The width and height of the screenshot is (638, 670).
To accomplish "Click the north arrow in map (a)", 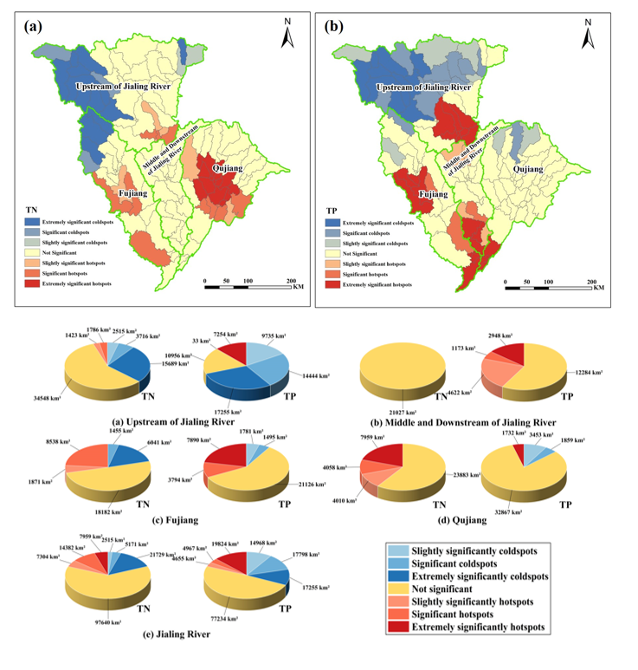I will click(288, 34).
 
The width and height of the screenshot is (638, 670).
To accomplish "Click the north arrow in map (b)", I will click(588, 34).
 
